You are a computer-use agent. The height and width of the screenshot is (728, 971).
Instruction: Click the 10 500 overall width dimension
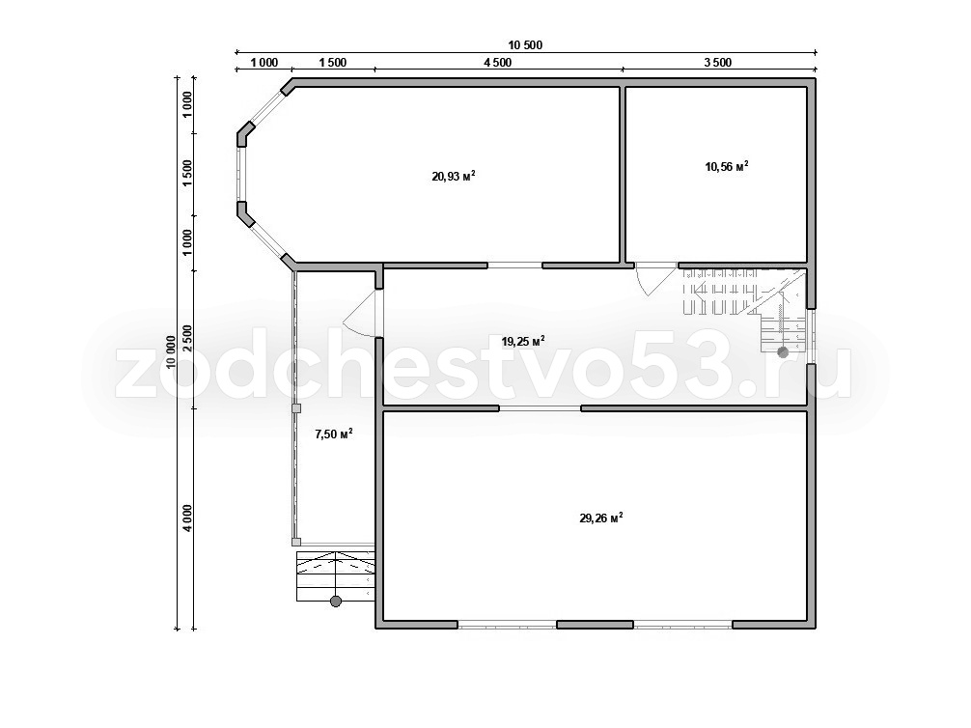525,44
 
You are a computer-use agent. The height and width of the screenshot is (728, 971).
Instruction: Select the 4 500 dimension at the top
498,63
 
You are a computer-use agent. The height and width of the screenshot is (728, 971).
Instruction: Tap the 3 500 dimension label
718,63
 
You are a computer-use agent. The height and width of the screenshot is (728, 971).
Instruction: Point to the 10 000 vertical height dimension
171,351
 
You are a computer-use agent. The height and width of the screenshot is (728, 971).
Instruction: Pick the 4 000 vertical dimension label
187,518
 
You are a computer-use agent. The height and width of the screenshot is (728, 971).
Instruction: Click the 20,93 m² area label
454,176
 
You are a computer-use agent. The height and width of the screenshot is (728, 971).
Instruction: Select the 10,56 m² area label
727,166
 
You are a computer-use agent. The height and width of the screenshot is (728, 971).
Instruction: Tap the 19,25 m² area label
523,341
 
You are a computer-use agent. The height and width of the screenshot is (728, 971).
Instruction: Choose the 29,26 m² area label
600,518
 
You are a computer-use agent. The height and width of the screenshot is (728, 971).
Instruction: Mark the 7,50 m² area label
334,434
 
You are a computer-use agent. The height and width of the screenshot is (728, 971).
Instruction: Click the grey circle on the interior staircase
783,352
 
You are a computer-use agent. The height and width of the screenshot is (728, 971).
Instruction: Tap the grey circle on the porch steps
336,601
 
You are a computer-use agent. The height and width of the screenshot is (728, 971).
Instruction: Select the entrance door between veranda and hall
362,314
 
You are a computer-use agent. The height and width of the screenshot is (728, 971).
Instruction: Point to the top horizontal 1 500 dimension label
333,63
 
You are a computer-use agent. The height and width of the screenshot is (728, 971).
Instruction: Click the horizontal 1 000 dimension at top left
264,63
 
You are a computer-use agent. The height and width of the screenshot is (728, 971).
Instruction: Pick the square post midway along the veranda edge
296,408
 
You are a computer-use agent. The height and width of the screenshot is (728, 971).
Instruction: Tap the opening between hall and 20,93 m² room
514,266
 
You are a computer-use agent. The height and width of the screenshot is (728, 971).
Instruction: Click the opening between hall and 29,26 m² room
540,408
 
